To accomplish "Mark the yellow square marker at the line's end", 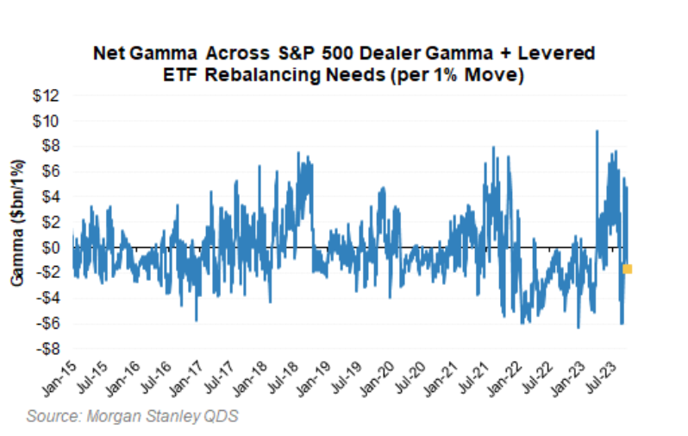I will coord(628,269).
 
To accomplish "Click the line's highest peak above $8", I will coord(597,131).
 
